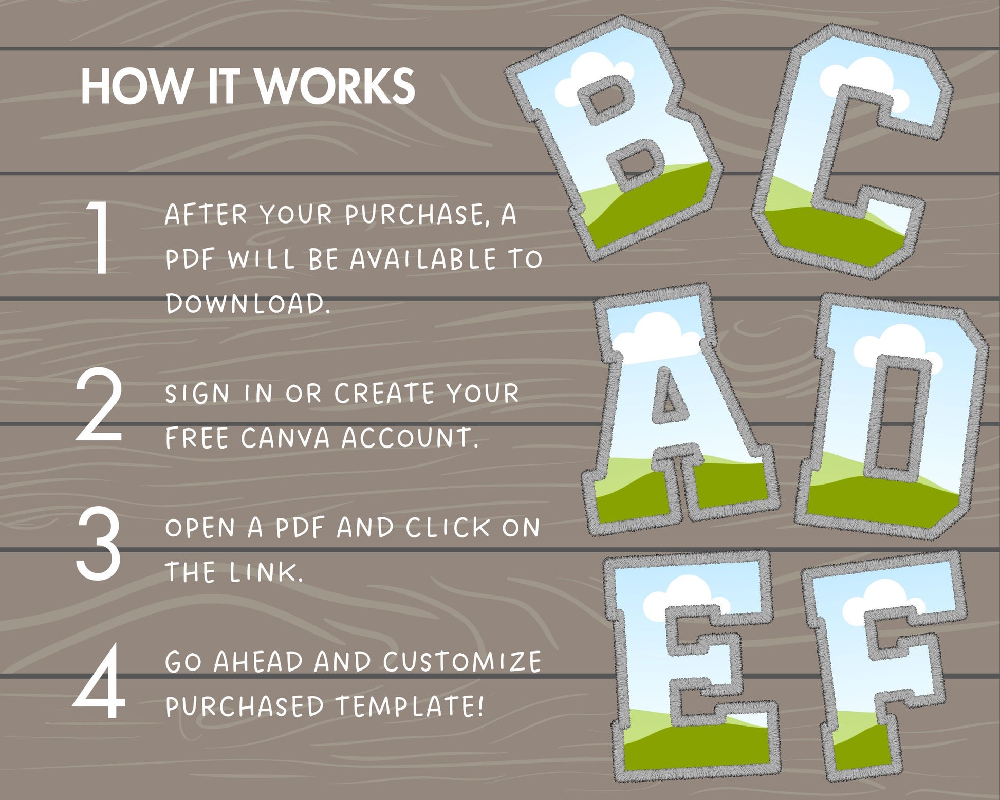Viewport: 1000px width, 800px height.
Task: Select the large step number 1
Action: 100,237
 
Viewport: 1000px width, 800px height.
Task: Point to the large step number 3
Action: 99,544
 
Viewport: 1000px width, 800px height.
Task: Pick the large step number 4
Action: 100,681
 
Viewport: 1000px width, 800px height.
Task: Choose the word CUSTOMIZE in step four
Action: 462,661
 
